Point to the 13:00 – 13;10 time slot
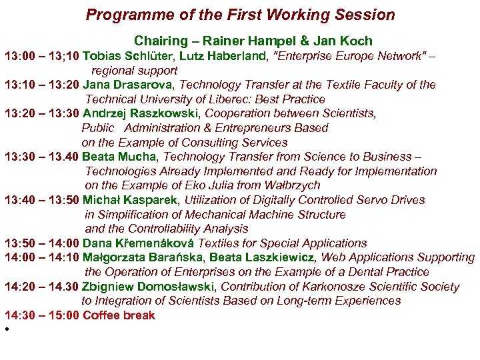click(41, 56)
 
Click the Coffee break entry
click(119, 315)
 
